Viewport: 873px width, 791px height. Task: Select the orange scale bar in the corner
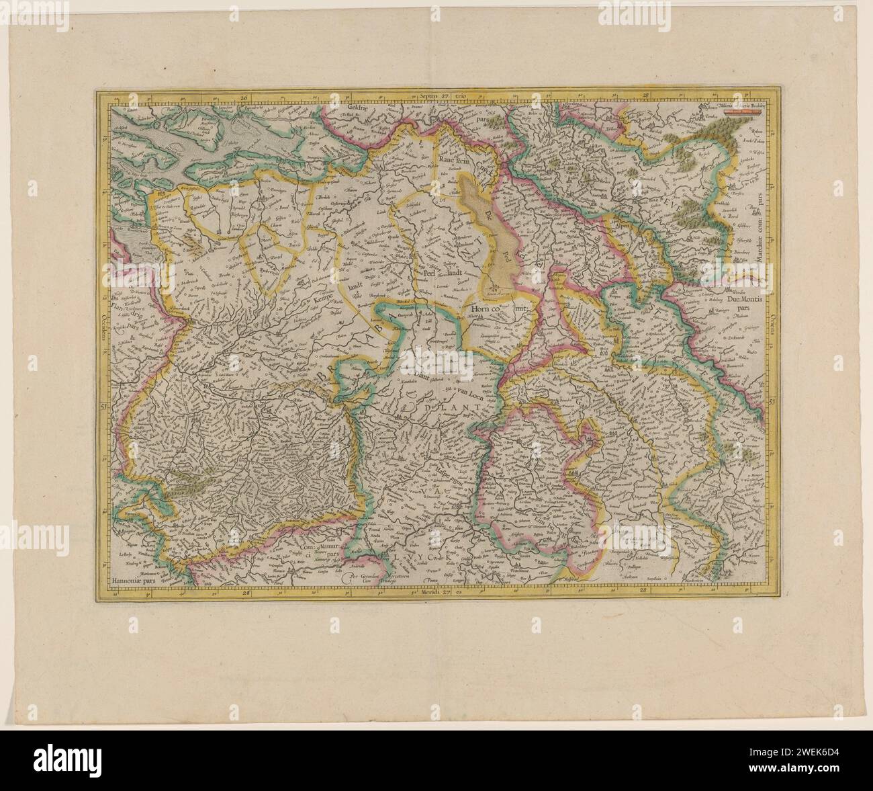click(747, 112)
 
